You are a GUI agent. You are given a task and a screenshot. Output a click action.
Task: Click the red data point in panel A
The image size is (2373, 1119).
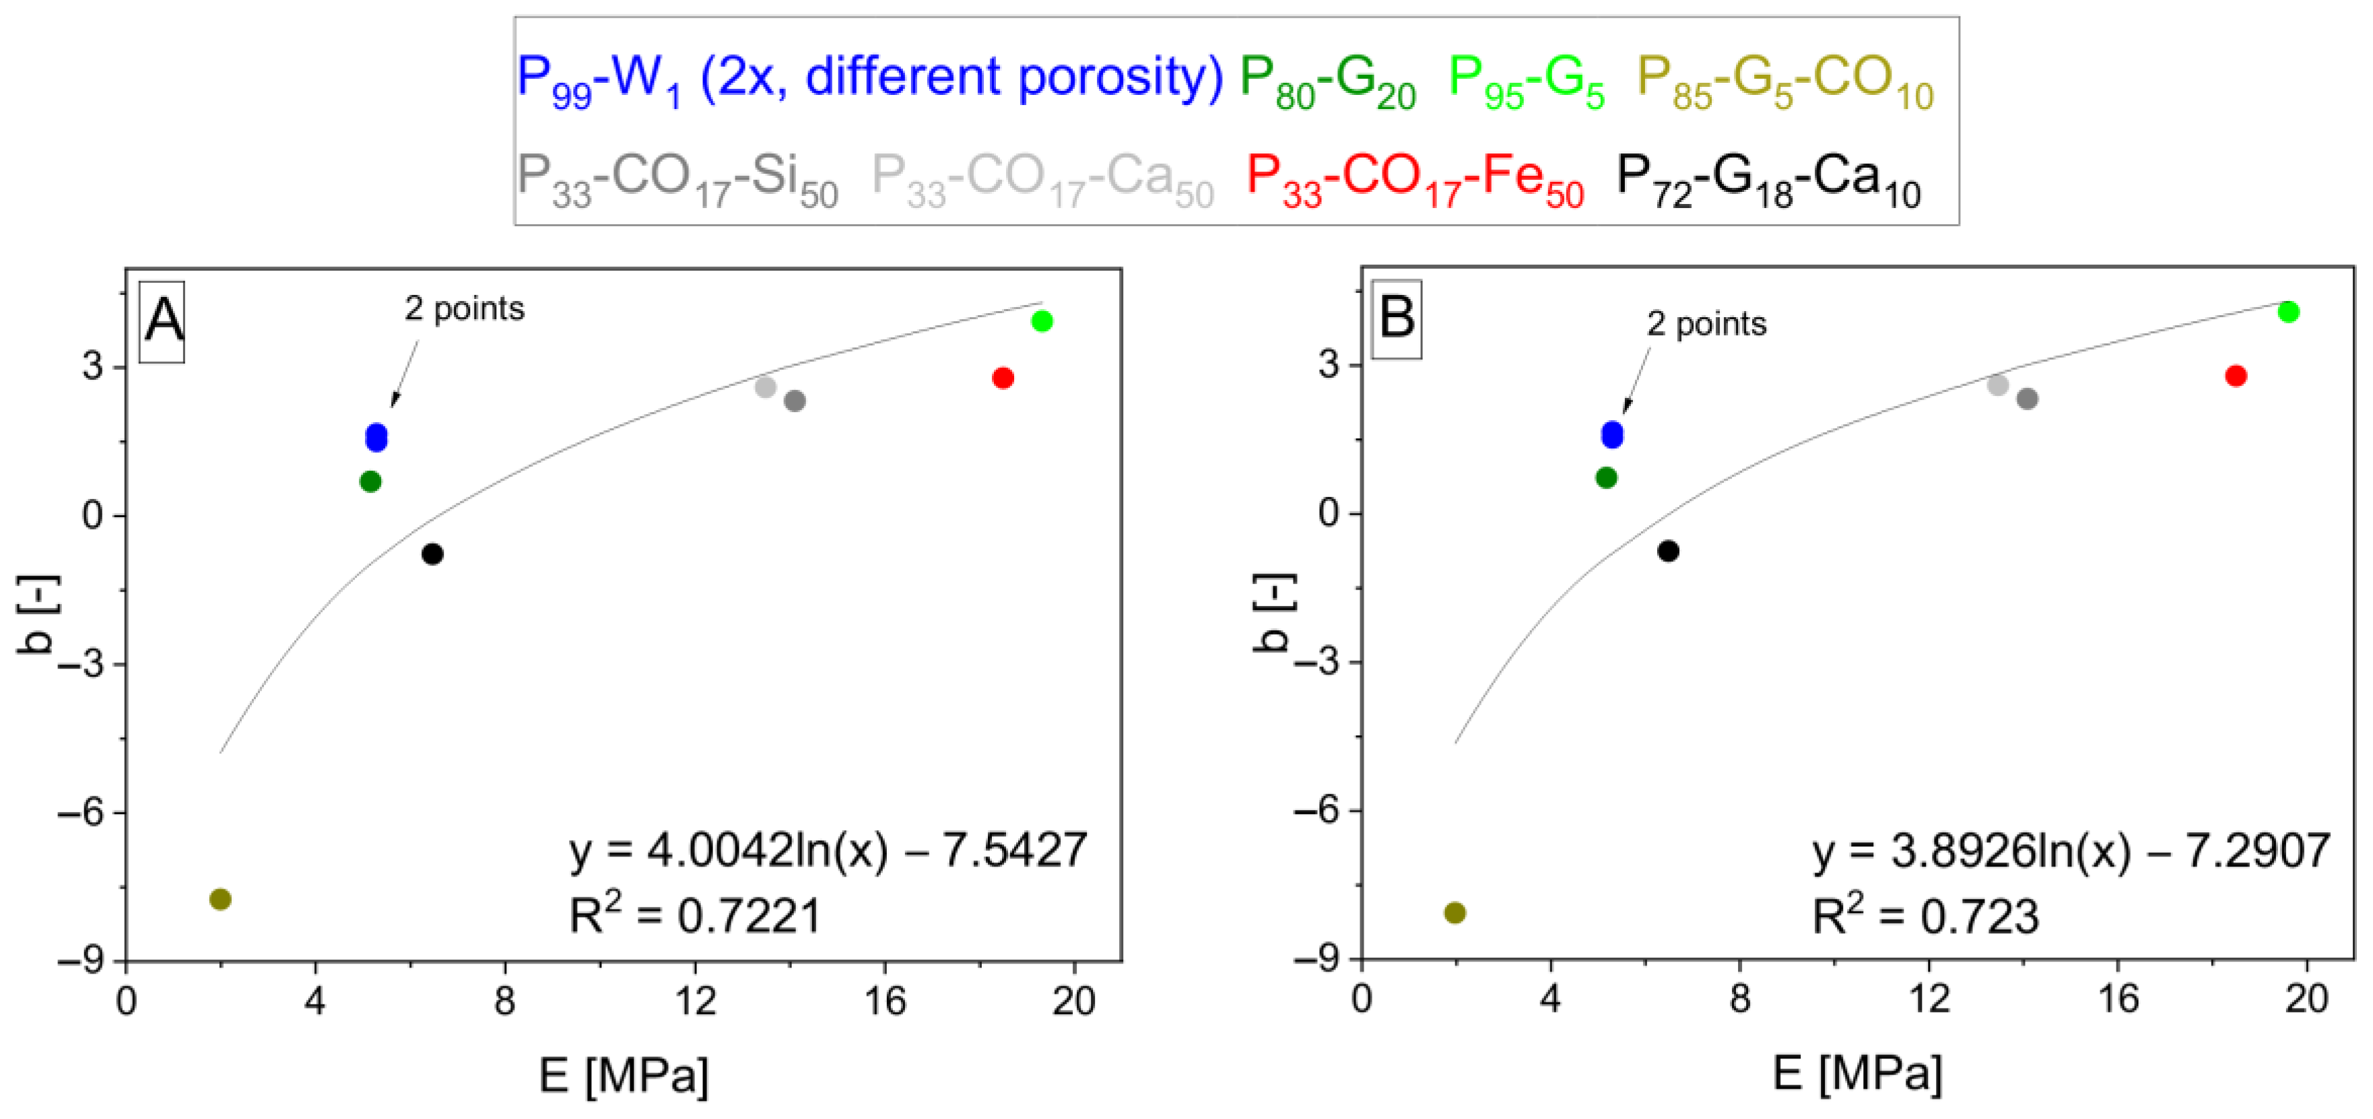pyautogui.click(x=1003, y=378)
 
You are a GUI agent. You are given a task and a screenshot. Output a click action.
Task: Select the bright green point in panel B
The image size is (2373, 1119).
pyautogui.click(x=2288, y=312)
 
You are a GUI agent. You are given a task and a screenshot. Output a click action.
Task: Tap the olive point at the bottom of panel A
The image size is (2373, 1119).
pyautogui.click(x=220, y=899)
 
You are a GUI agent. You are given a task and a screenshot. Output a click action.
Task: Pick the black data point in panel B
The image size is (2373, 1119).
pyautogui.click(x=1668, y=551)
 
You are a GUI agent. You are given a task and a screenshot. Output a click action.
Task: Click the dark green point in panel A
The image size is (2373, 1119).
pyautogui.click(x=370, y=481)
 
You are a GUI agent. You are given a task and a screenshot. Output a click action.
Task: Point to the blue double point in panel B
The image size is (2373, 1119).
pyautogui.click(x=1612, y=435)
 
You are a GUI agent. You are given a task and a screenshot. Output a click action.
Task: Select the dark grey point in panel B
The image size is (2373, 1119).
pyautogui.click(x=2027, y=399)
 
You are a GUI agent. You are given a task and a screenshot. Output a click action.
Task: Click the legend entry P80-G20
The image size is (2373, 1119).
pyautogui.click(x=1327, y=81)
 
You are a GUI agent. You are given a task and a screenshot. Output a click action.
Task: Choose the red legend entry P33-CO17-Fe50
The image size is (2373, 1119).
pyautogui.click(x=1414, y=180)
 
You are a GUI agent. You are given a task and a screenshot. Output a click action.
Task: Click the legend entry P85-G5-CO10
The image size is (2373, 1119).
pyautogui.click(x=1784, y=81)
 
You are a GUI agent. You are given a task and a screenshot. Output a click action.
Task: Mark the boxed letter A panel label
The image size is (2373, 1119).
pyautogui.click(x=163, y=321)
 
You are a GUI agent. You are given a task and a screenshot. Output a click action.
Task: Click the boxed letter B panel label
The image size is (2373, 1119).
pyautogui.click(x=1397, y=318)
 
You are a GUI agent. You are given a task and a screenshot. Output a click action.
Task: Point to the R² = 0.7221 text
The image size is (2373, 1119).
pyautogui.click(x=694, y=916)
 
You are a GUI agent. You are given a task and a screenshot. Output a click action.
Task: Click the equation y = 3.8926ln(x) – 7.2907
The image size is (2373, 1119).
pyautogui.click(x=2070, y=850)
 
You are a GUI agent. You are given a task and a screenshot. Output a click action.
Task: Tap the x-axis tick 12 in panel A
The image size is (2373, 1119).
pyautogui.click(x=694, y=1001)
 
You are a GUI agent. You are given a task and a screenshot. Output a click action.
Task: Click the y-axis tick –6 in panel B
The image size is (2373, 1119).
pyautogui.click(x=1316, y=811)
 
